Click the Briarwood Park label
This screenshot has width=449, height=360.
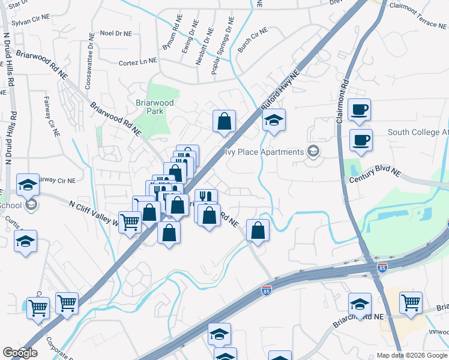click(154, 107)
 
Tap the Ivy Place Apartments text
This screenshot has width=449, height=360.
click(264, 152)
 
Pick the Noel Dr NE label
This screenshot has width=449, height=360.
click(116, 34)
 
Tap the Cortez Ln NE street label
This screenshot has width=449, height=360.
click(137, 61)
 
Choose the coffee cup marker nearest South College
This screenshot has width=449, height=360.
click(361, 140)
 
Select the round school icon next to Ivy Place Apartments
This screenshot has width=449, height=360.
click(313, 151)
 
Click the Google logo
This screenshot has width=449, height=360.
click(19, 353)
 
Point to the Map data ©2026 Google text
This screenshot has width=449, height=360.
click(412, 355)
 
